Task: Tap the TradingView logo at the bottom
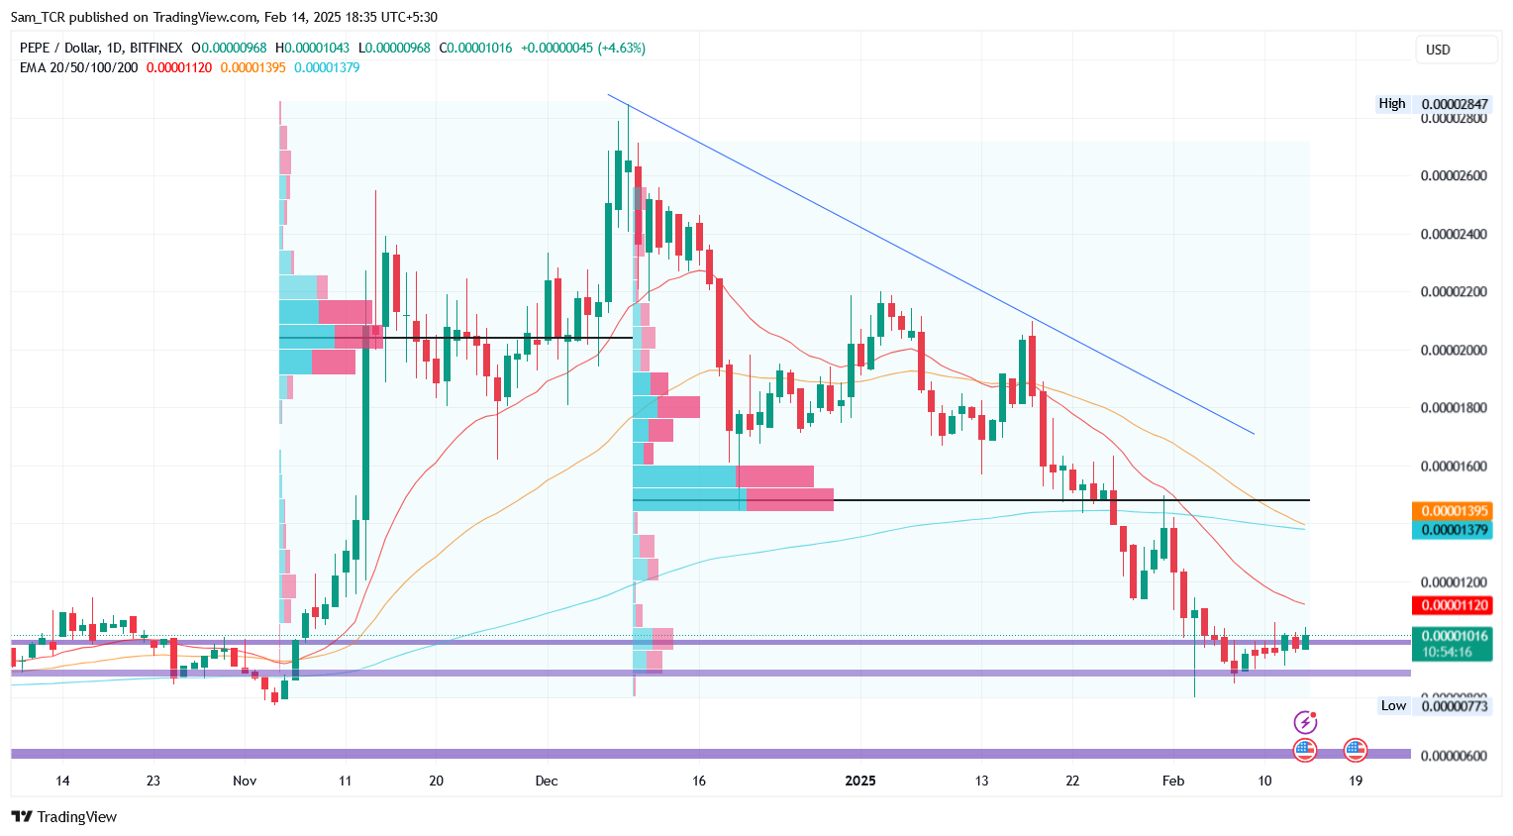coord(64,816)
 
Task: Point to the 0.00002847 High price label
coord(1454,104)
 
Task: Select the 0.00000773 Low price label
coord(1454,706)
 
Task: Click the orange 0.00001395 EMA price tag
coord(1454,511)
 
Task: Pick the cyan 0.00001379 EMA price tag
coord(1454,530)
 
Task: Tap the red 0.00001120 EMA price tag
coord(1454,605)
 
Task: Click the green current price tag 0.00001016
coord(1454,636)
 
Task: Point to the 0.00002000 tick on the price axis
coord(1454,351)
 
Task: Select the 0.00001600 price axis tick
coord(1454,467)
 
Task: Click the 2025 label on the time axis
coord(860,781)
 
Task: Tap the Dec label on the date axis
coord(547,781)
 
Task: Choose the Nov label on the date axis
coord(245,781)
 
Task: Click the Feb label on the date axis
coord(1173,781)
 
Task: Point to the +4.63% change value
coord(623,48)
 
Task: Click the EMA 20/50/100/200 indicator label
coord(79,67)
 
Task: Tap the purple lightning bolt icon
coord(1306,722)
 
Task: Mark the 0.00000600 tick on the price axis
coord(1454,756)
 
